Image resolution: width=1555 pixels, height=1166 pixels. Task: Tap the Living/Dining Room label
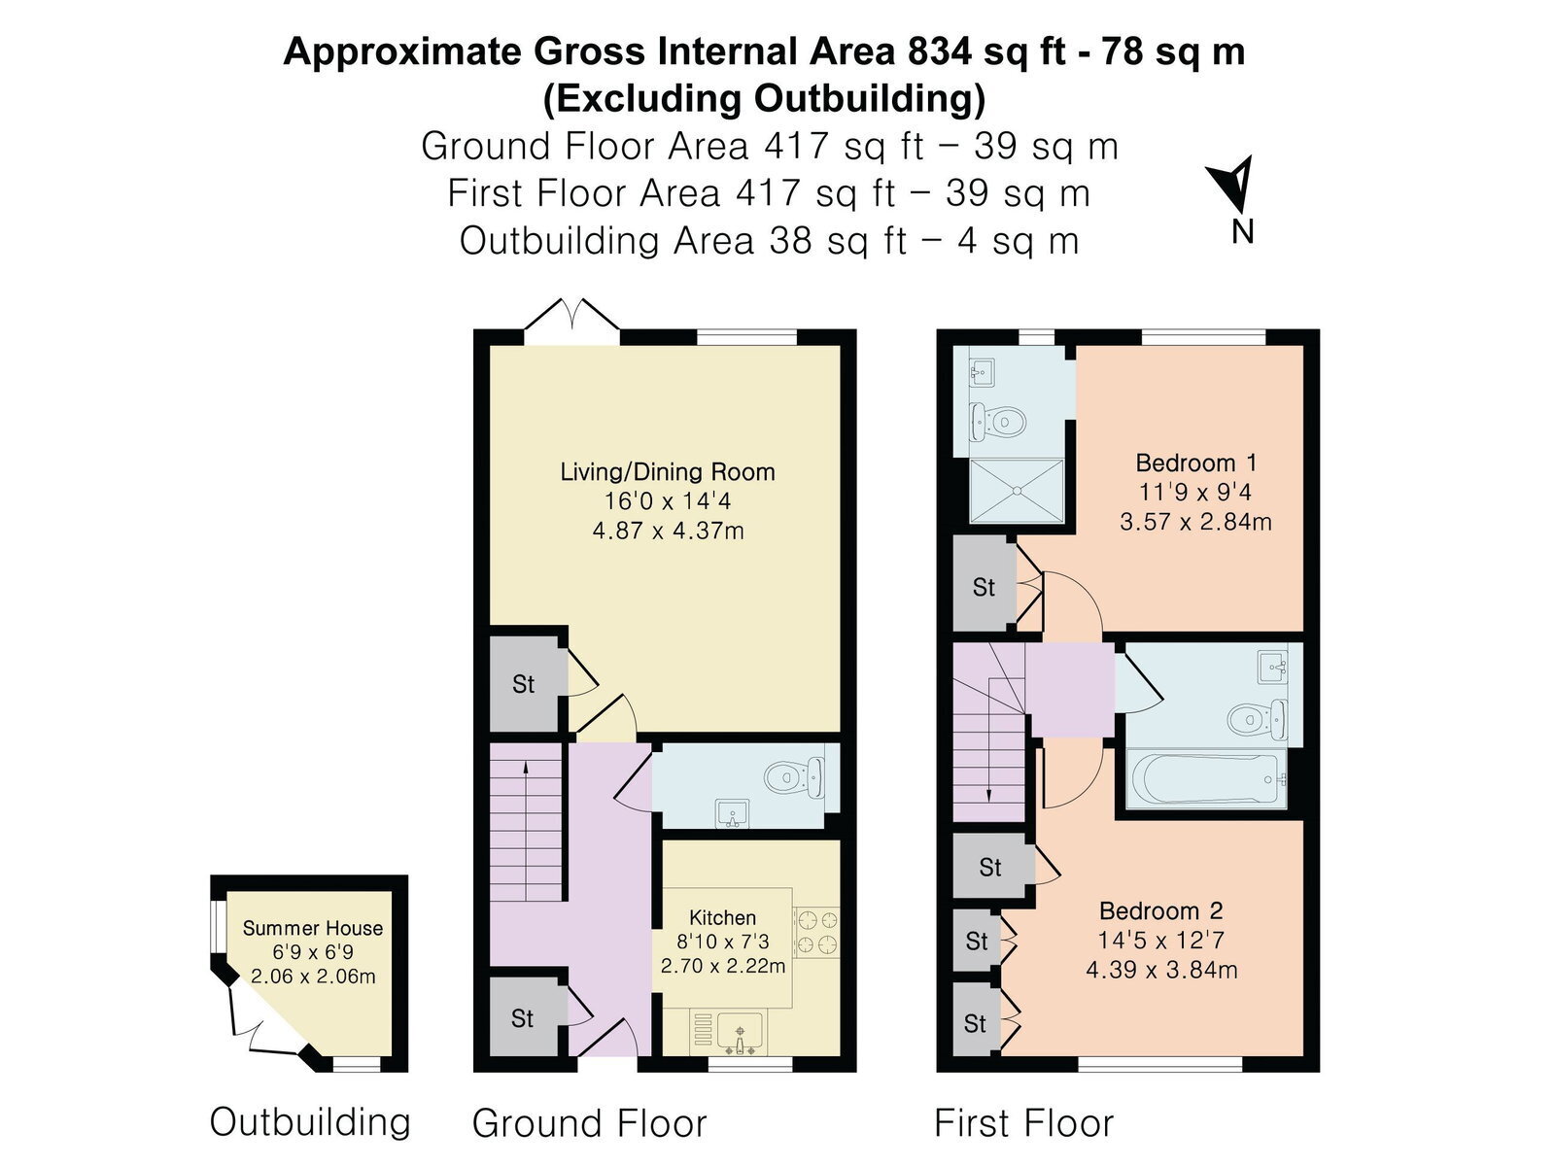click(x=668, y=471)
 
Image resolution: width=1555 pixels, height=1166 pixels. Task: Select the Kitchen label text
click(x=723, y=917)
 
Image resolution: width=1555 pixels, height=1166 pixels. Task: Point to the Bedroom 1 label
click(x=1195, y=463)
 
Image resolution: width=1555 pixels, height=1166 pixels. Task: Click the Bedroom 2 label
click(x=1161, y=910)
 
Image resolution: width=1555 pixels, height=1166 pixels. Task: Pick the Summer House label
click(x=312, y=928)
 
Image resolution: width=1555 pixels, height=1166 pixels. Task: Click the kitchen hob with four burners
click(x=816, y=933)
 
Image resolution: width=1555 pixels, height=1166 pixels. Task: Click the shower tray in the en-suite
click(x=1017, y=491)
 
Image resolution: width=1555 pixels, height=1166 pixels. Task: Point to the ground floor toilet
click(x=795, y=777)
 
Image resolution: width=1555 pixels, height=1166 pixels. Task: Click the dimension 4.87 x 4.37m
click(x=668, y=531)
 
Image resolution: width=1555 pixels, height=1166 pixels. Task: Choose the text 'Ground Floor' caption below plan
click(x=589, y=1123)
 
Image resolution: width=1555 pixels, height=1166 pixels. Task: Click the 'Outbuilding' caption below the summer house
click(x=310, y=1122)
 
